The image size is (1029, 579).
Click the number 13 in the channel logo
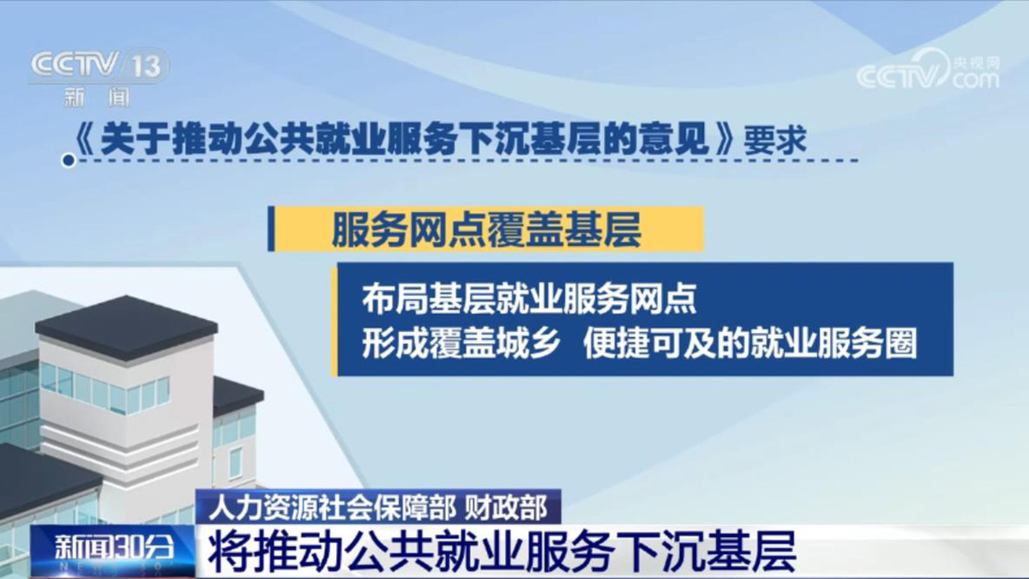[147, 67]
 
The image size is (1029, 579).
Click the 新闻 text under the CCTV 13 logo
[97, 97]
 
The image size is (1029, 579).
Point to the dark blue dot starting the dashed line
[69, 160]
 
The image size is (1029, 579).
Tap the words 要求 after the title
[775, 140]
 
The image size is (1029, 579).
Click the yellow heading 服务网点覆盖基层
[486, 230]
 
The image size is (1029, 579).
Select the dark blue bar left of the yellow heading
[271, 229]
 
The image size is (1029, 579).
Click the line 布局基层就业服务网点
[529, 299]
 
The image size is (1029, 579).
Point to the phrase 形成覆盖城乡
[460, 343]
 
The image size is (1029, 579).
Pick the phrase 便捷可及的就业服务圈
[750, 343]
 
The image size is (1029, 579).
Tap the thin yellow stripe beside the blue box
[334, 322]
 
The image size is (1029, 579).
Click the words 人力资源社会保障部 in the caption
[332, 507]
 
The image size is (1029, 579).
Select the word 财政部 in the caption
[506, 507]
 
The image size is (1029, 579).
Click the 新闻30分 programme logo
[114, 550]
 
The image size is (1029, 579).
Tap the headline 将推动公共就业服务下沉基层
[502, 552]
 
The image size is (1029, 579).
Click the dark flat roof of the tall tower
[127, 326]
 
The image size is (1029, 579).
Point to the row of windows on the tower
[105, 389]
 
